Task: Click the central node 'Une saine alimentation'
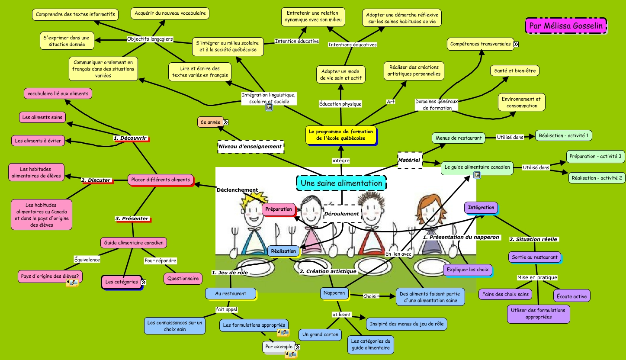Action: (x=341, y=183)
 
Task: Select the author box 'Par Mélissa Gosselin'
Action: (x=565, y=26)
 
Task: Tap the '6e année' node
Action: (x=211, y=122)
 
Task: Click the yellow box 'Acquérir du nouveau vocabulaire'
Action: (x=170, y=13)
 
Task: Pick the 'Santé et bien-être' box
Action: (x=514, y=71)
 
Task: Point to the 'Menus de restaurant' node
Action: (x=459, y=138)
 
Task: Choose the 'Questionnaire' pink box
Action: (x=183, y=279)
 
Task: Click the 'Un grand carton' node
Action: (x=321, y=334)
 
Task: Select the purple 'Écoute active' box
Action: (x=571, y=296)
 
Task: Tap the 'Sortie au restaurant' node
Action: (x=535, y=257)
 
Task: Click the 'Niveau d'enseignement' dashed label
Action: (x=250, y=147)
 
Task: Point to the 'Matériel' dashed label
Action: (x=409, y=160)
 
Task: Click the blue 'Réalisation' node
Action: (x=284, y=251)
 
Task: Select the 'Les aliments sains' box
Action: (x=42, y=117)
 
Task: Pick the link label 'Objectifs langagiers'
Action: (x=150, y=39)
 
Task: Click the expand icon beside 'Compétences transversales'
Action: (x=516, y=44)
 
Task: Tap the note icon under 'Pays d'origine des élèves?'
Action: (x=72, y=283)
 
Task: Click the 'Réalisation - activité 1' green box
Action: (x=563, y=135)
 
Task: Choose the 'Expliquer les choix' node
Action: (x=467, y=270)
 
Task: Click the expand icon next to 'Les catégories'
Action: (x=143, y=282)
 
